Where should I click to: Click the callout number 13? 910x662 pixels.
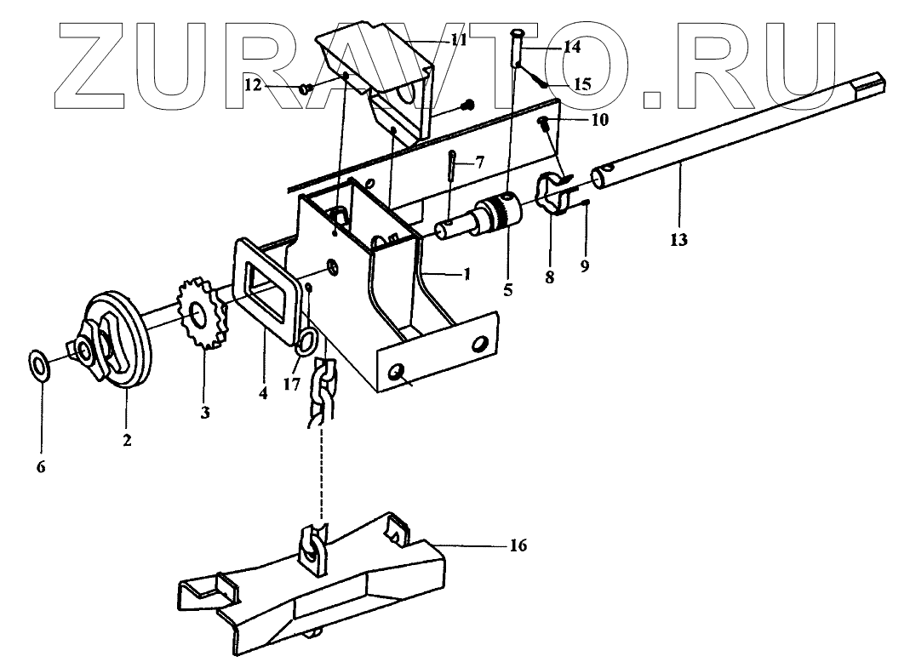pos(679,241)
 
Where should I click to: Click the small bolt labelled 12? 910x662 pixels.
pos(306,88)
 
